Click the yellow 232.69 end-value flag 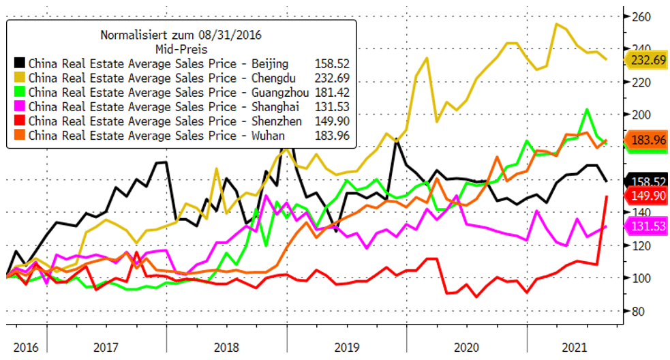click(x=648, y=60)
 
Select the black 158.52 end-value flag click(x=648, y=182)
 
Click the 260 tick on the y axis click(x=644, y=16)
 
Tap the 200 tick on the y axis click(x=644, y=115)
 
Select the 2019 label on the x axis click(x=346, y=346)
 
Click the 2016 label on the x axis click(x=24, y=346)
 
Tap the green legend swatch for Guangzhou click(x=20, y=92)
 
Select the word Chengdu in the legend click(x=267, y=77)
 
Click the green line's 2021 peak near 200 click(x=587, y=109)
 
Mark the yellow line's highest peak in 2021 click(x=558, y=25)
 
